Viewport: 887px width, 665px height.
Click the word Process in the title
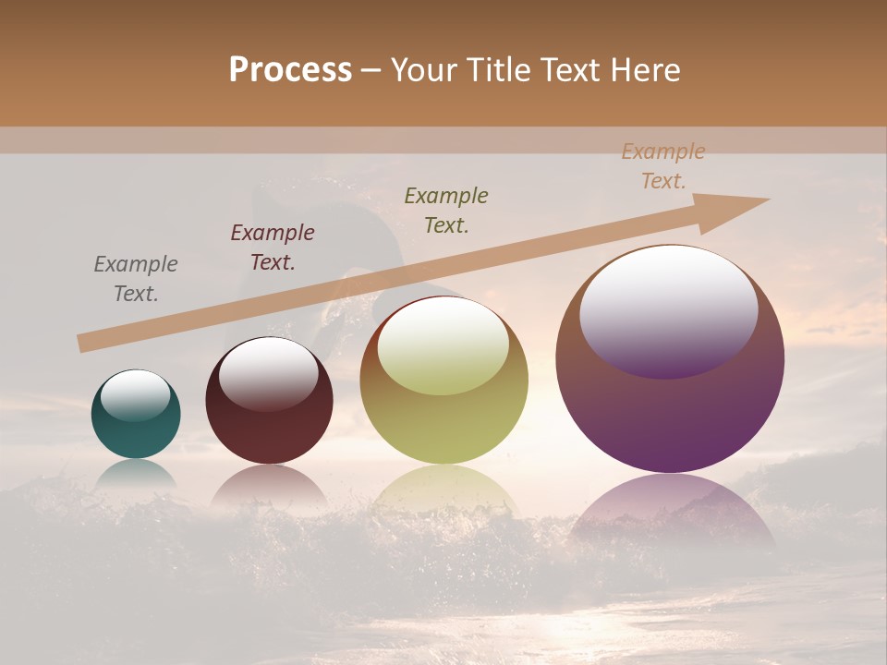pos(290,70)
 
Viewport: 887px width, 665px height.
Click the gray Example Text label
pos(136,278)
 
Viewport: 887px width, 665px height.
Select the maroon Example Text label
pos(273,248)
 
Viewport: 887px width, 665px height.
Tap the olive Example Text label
pos(446,210)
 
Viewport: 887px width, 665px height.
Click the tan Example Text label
pos(663,166)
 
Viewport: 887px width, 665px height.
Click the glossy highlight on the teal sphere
pos(136,395)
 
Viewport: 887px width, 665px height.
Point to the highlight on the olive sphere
pos(443,346)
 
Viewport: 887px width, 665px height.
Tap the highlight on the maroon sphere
pos(268,371)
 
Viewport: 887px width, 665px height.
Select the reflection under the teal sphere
pos(136,474)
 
